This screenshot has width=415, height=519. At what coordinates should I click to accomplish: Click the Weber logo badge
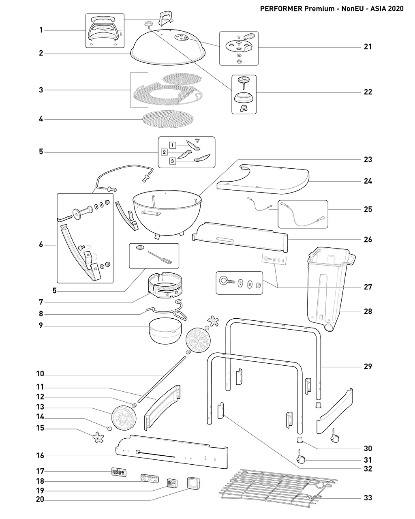pos(119,472)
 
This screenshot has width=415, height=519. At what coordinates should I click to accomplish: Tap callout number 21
pos(368,47)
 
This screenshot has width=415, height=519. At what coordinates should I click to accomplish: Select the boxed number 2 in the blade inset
pos(164,152)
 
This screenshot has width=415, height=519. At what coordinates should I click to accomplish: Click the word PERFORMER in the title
pos(281,9)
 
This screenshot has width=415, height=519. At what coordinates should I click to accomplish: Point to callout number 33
pos(368,498)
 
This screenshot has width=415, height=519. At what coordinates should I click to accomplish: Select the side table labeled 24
pos(263,179)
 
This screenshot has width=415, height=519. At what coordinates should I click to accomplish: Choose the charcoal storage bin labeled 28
pos(331,289)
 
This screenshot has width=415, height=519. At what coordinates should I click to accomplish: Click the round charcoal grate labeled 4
pos(168,119)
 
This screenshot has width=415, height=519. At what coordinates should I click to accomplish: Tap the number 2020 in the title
pos(396,9)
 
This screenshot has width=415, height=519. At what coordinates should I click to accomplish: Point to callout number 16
pos(40,455)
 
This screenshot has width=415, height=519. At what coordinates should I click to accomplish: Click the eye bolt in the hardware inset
pos(227,281)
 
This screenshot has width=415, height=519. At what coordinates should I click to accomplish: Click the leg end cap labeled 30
pos(300,440)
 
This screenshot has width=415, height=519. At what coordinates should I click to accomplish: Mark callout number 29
pos(368,366)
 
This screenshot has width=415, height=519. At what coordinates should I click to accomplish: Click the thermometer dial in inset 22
pos(244,79)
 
